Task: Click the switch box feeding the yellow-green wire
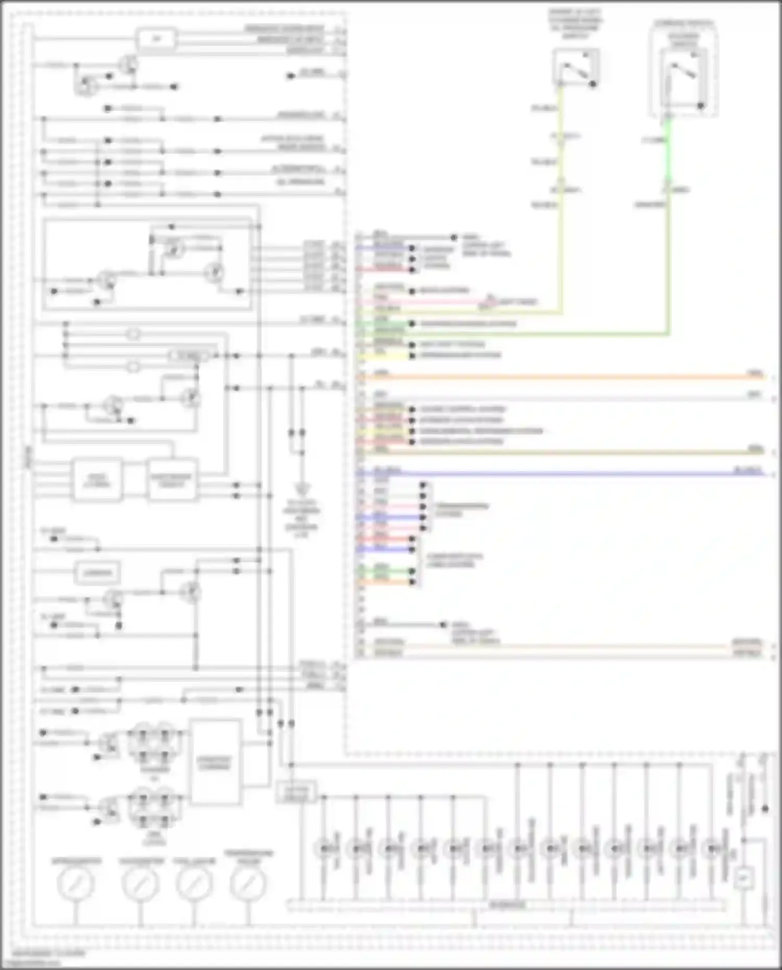click(x=576, y=67)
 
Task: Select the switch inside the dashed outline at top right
click(x=683, y=78)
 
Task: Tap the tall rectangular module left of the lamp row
click(x=215, y=763)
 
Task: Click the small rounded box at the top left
click(x=156, y=39)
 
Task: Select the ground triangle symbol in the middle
click(x=301, y=490)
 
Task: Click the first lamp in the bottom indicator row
click(x=324, y=849)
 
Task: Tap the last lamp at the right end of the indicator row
click(x=712, y=849)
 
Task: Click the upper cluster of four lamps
click(x=155, y=742)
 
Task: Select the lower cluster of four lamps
click(x=155, y=808)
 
